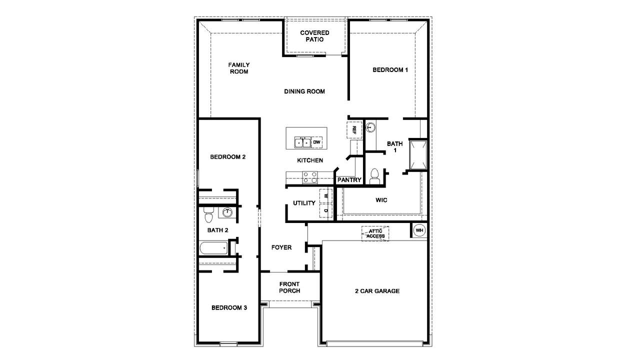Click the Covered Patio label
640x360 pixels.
tap(314, 36)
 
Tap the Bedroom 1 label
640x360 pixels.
tap(390, 69)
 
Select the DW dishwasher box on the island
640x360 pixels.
tap(316, 142)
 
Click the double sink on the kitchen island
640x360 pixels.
tap(302, 142)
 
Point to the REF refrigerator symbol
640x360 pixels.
tap(354, 130)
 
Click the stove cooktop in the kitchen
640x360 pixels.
tap(310, 177)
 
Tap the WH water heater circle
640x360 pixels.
tap(419, 230)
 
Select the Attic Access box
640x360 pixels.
tap(375, 233)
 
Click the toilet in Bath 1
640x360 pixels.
tap(374, 176)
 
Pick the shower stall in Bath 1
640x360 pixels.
tap(418, 155)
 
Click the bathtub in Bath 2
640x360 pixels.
tap(213, 248)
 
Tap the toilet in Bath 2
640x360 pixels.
tap(209, 215)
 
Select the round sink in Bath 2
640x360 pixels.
tap(227, 212)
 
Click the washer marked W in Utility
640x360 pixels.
tap(325, 196)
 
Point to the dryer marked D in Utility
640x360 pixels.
tap(325, 211)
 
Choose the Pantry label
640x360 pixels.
tap(349, 180)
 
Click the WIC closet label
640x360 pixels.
tap(381, 200)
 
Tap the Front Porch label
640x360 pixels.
tap(289, 287)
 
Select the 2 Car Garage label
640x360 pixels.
tap(377, 291)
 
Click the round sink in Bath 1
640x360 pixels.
tap(370, 127)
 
